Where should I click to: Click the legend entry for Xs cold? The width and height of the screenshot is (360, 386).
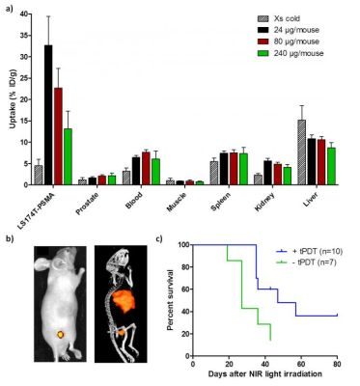pyautogui.click(x=281, y=18)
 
